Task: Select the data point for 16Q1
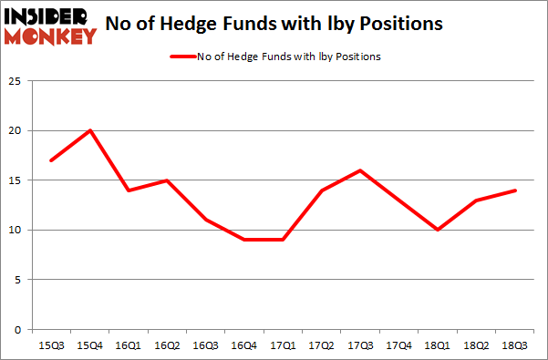[x=128, y=190]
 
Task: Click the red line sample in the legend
[x=181, y=57]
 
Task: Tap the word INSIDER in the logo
[x=49, y=17]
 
